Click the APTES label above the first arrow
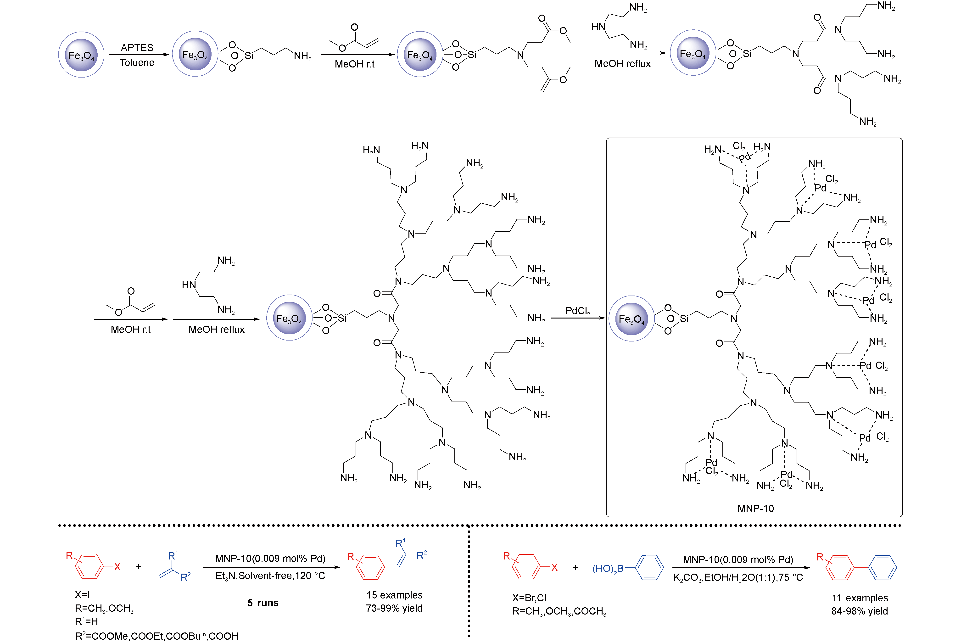click(x=137, y=48)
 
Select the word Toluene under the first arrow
click(x=137, y=63)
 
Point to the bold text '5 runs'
click(x=263, y=603)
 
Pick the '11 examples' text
click(x=860, y=598)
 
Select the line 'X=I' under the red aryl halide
click(x=82, y=595)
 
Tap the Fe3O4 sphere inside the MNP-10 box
click(x=631, y=319)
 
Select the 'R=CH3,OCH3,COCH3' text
click(x=559, y=611)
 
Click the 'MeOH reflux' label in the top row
click(x=622, y=64)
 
